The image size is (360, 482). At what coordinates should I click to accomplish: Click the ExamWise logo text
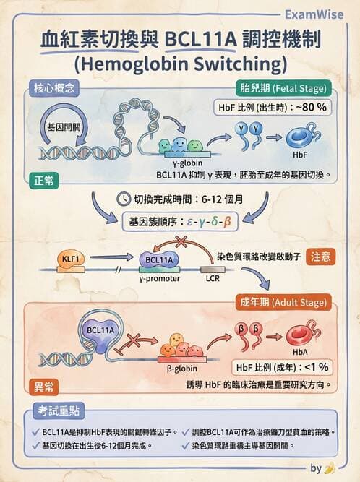(314, 14)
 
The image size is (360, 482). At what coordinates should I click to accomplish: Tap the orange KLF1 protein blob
(71, 260)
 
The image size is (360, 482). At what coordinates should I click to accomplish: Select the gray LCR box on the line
(213, 270)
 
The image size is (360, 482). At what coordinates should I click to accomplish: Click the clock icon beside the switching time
(124, 199)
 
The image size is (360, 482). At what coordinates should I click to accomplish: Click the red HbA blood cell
(302, 335)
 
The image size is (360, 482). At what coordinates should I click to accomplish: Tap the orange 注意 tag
(320, 257)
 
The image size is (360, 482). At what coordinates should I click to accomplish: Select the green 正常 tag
(44, 181)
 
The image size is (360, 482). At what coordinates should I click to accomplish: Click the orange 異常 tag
(44, 387)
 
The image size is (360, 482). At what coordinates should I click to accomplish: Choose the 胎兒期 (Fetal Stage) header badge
(283, 89)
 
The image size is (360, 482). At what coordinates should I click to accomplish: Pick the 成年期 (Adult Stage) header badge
(283, 303)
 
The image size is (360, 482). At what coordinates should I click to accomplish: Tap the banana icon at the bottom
(329, 468)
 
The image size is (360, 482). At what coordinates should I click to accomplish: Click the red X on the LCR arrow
(181, 241)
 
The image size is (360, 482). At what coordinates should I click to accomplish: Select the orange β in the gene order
(227, 221)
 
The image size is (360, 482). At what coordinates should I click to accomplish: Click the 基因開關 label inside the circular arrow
(64, 127)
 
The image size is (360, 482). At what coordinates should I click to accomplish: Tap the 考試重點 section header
(59, 410)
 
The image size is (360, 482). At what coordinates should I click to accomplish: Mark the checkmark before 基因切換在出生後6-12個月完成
(35, 445)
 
